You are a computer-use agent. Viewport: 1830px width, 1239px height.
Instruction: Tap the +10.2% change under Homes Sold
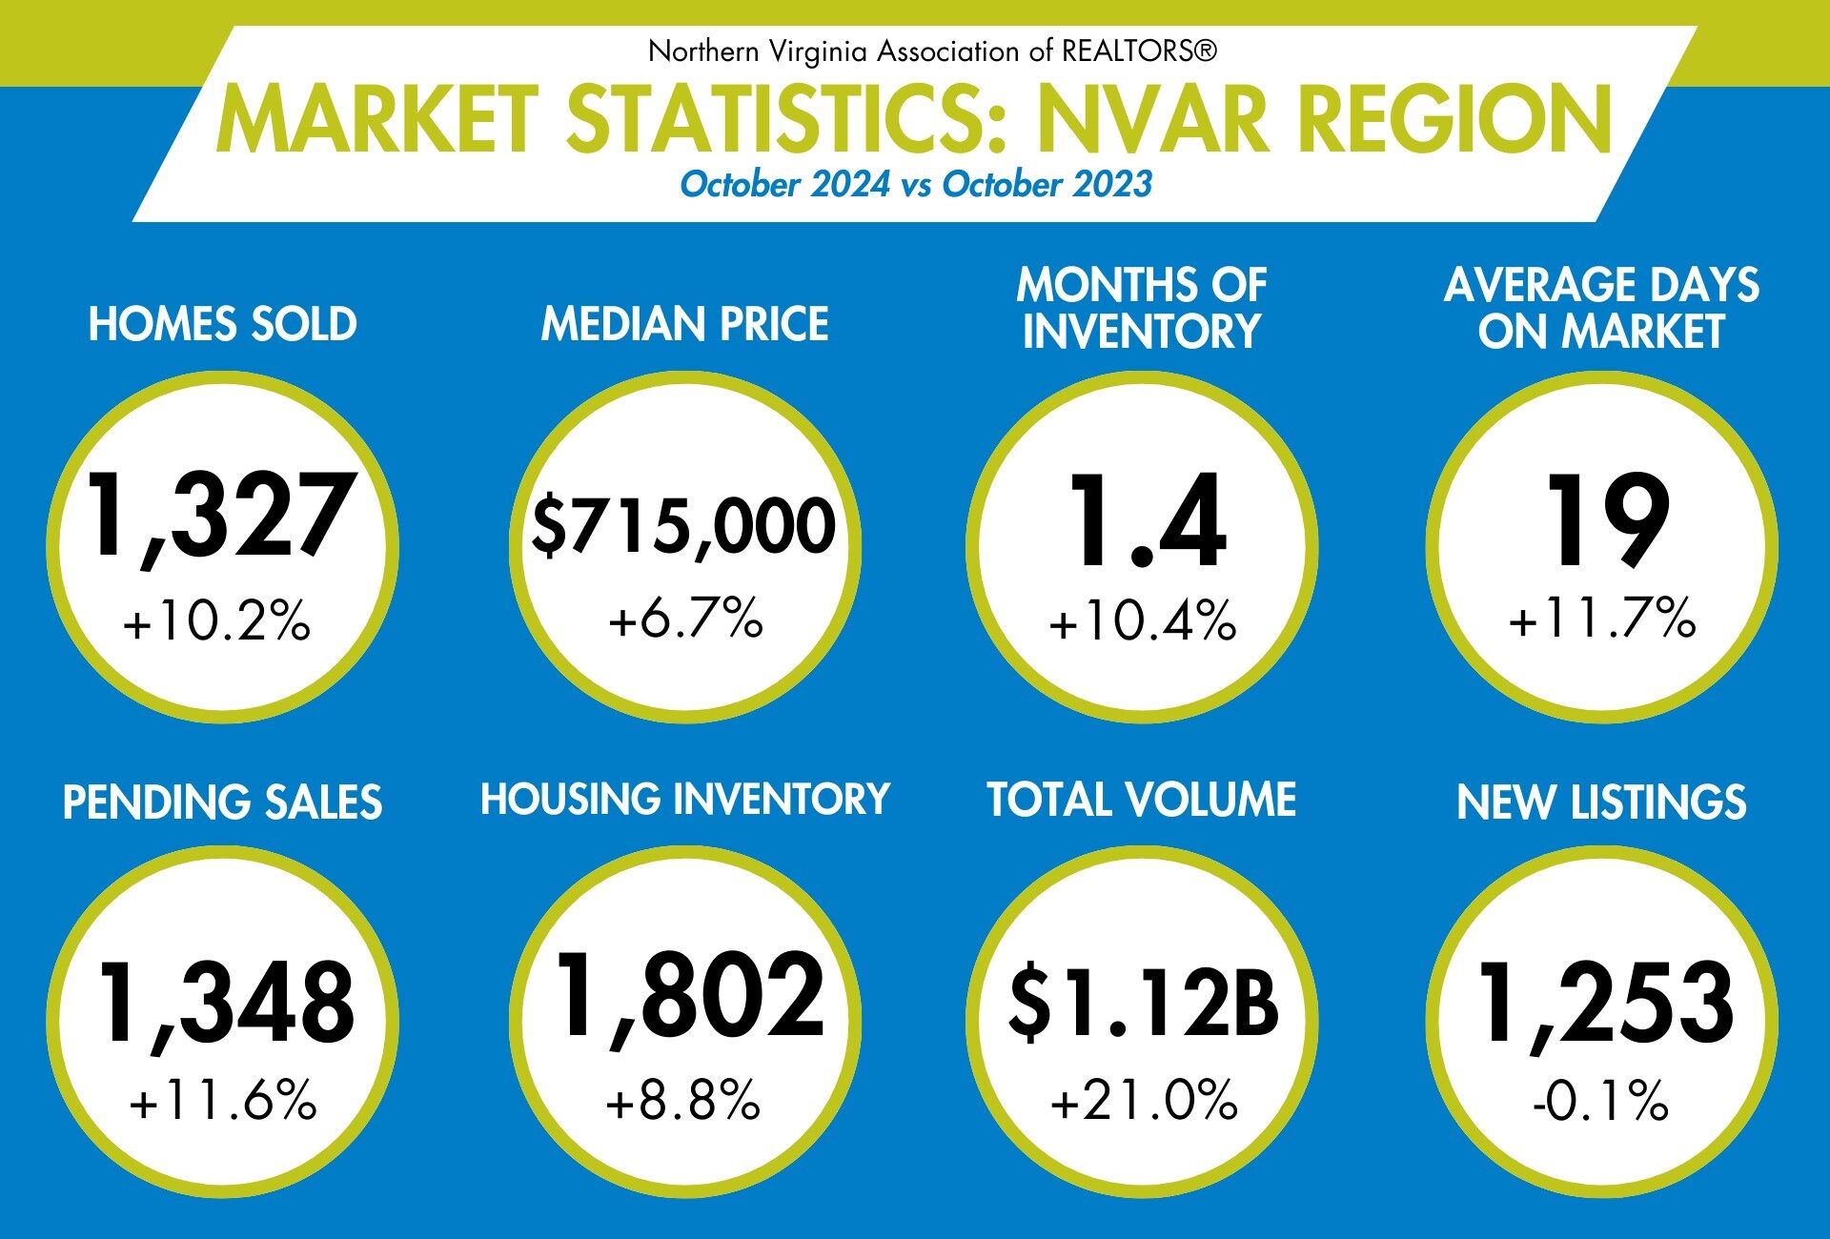[x=217, y=620]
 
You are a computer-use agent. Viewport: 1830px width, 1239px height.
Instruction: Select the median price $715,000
[x=683, y=526]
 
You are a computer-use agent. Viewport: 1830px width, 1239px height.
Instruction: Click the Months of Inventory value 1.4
[x=1147, y=521]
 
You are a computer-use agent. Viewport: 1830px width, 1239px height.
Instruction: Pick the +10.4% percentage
[x=1143, y=620]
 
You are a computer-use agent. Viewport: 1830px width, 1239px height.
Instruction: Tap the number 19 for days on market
[x=1606, y=519]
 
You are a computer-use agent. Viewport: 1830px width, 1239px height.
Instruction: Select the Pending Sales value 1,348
[x=227, y=1003]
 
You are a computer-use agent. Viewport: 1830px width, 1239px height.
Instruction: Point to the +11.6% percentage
[x=223, y=1101]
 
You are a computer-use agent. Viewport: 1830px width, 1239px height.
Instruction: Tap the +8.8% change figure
[x=683, y=1101]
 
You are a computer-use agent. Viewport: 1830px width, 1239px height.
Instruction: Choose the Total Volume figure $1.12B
[x=1143, y=1003]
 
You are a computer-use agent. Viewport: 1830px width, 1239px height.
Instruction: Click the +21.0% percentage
[x=1144, y=1101]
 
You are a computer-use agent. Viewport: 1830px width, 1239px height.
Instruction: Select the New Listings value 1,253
[x=1605, y=1003]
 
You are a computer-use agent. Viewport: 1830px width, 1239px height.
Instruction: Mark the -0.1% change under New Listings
[x=1601, y=1101]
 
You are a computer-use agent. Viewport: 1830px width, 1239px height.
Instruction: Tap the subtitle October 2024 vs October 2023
[x=916, y=184]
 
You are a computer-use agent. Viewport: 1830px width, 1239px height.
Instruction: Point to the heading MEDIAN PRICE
[x=685, y=324]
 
